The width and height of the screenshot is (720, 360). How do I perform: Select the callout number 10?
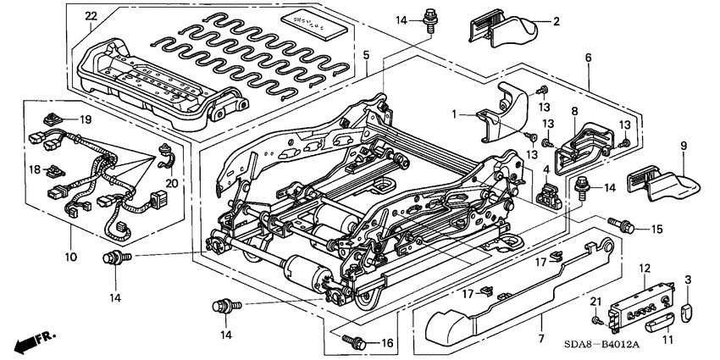pos(69,256)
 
